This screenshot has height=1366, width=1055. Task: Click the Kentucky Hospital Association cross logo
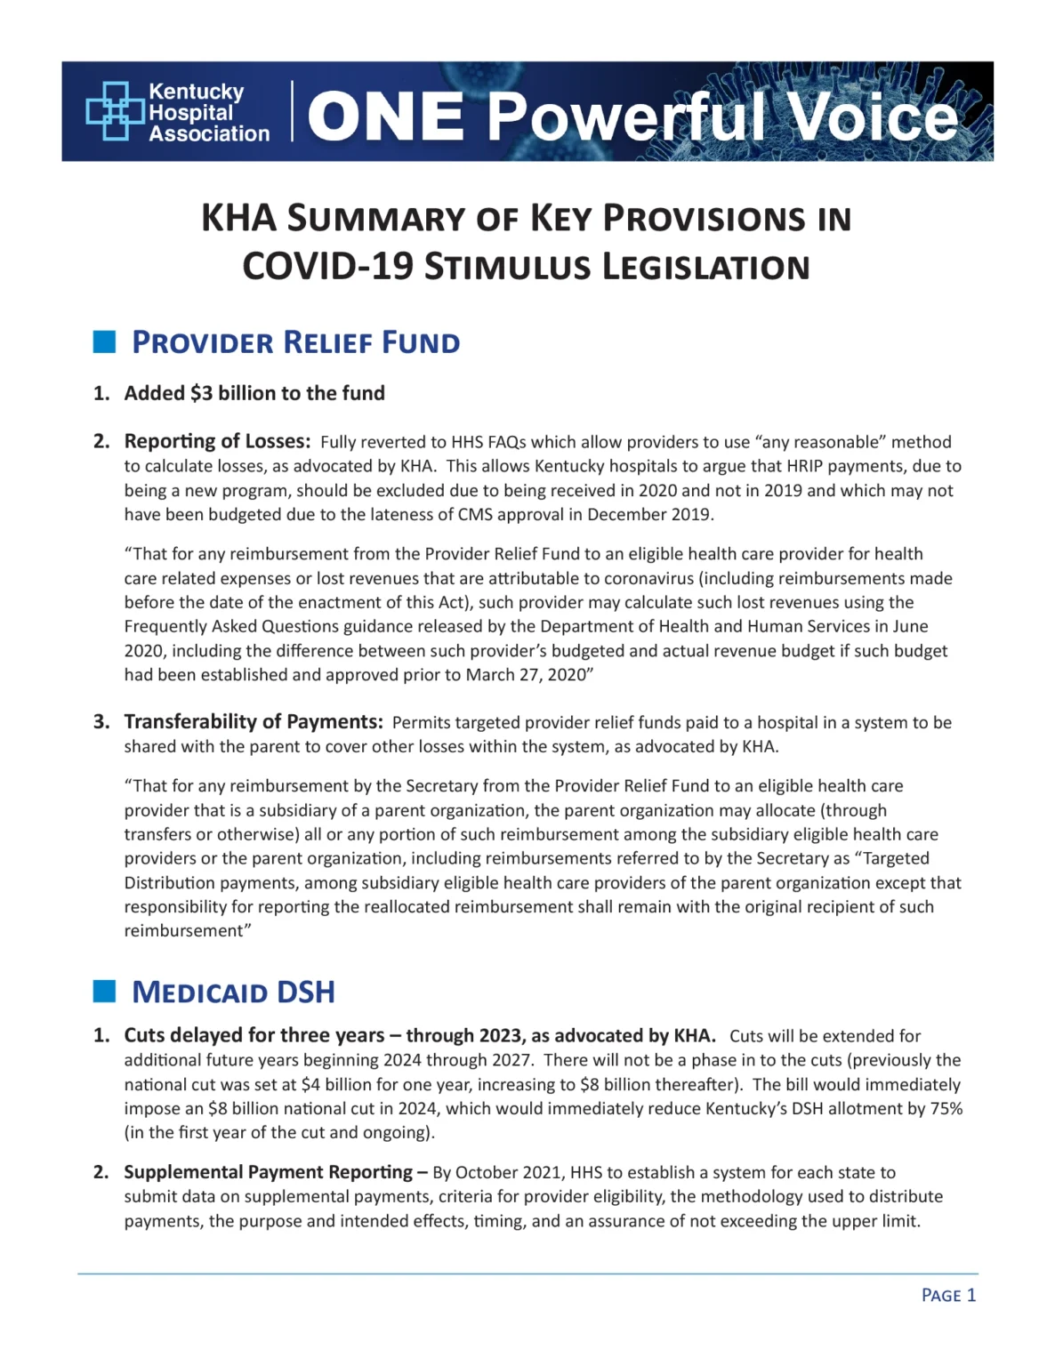point(115,111)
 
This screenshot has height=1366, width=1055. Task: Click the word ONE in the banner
point(386,117)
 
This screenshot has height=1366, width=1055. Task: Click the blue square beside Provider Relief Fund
point(105,342)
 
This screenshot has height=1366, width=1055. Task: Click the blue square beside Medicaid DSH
point(105,992)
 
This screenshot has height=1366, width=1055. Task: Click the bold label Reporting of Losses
point(217,441)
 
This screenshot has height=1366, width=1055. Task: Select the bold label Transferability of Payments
point(254,721)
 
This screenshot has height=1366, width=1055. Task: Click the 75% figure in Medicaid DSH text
point(946,1109)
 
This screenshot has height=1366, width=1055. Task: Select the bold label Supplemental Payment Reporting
point(268,1172)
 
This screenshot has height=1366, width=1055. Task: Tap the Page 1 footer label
point(948,1295)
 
